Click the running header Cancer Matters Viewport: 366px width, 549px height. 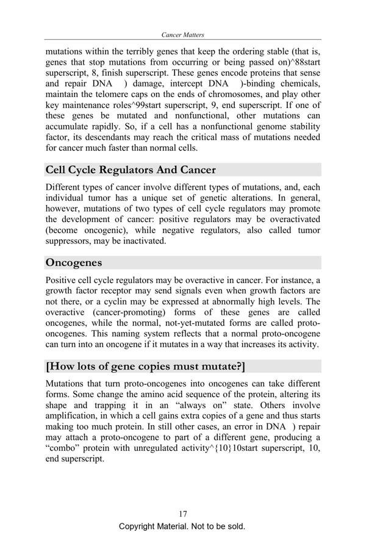183,35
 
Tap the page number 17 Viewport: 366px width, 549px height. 183,514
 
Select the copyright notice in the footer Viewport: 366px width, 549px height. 182,526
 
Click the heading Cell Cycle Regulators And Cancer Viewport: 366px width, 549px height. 131,170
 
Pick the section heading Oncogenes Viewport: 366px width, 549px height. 74,263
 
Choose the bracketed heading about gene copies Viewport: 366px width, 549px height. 146,367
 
